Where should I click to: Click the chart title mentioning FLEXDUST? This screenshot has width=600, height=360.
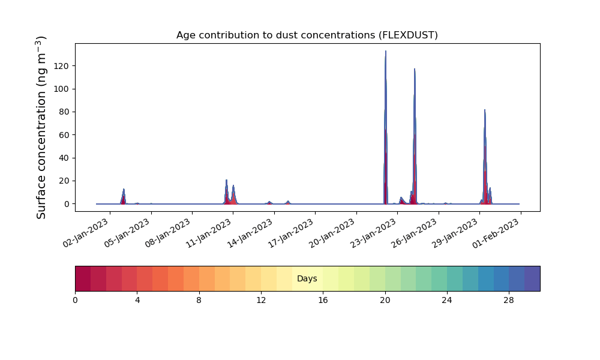tap(307, 35)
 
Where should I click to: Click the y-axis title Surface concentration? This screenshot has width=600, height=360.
tap(41, 127)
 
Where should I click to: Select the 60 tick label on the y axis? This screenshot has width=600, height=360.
tap(64, 135)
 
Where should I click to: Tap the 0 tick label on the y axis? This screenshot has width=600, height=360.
tap(67, 204)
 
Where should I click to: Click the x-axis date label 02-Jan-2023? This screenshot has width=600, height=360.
tap(86, 233)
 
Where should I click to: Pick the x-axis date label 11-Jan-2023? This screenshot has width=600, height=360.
tap(209, 233)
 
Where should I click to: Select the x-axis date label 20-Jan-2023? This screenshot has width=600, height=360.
tap(332, 233)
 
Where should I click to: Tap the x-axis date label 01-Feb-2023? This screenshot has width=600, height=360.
tap(496, 233)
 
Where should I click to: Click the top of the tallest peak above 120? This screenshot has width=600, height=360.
tap(386, 51)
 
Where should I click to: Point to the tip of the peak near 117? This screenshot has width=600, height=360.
tap(415, 69)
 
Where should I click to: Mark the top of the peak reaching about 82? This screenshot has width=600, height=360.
tap(485, 110)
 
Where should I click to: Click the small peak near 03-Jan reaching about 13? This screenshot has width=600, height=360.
tap(124, 189)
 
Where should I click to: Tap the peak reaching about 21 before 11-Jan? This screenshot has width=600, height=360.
tap(227, 180)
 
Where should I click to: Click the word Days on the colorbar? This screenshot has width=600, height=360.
tap(307, 278)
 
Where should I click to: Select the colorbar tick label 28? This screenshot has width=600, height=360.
tap(509, 301)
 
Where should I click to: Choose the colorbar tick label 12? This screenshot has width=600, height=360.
tap(261, 301)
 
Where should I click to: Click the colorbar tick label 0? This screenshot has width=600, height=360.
tap(75, 301)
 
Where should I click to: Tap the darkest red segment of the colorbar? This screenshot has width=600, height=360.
tap(83, 278)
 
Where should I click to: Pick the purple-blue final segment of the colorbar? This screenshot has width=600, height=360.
tap(532, 278)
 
